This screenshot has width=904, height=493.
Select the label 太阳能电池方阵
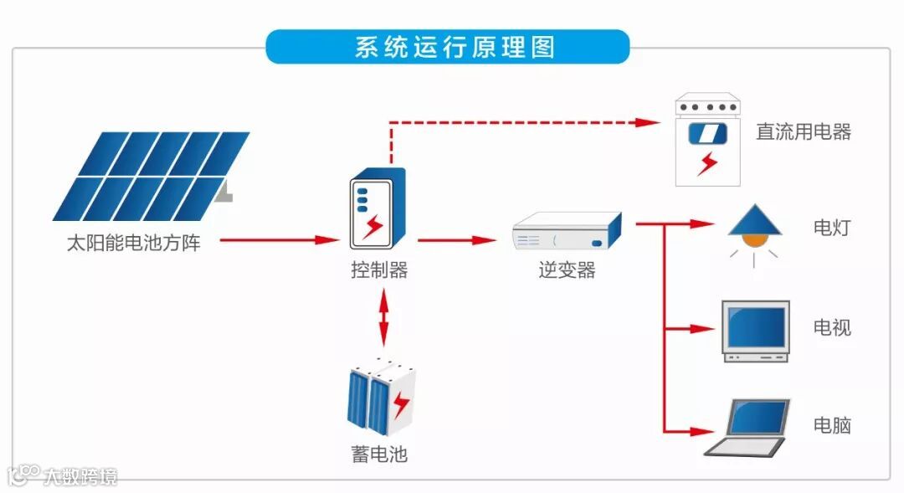click(x=134, y=244)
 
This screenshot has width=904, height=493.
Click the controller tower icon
click(x=378, y=208)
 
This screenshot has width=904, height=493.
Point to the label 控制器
click(x=379, y=270)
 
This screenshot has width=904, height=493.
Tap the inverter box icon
click(x=568, y=233)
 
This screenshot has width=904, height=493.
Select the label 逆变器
click(x=567, y=270)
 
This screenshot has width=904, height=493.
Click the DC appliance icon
click(x=707, y=141)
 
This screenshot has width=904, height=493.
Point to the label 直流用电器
click(x=804, y=132)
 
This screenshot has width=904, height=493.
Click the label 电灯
click(x=832, y=228)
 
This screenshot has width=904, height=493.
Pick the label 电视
click(x=832, y=327)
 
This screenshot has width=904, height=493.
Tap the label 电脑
click(x=832, y=425)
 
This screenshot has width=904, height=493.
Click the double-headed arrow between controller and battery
click(x=383, y=318)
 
